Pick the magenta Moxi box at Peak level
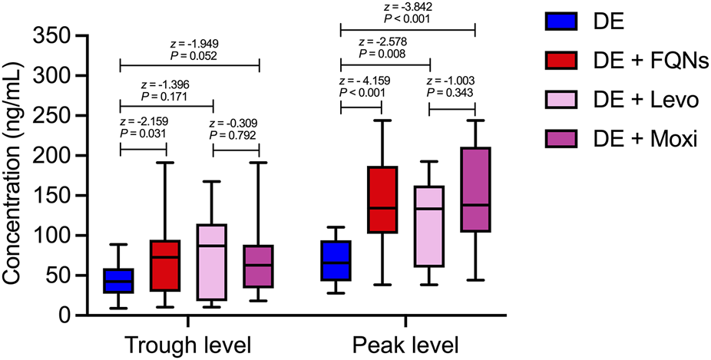click(x=475, y=189)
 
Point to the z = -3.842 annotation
click(x=408, y=8)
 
